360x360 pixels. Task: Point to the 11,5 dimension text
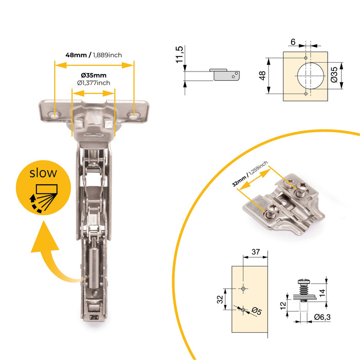[179, 55]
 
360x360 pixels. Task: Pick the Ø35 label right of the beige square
[334, 75]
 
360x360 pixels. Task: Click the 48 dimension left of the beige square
[262, 76]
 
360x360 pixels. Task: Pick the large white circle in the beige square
[310, 76]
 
